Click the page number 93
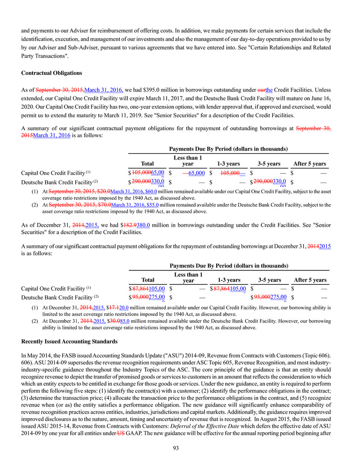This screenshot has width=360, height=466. click(180, 448)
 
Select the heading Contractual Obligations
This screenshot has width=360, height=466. click(52, 73)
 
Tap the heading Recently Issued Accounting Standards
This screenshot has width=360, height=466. click(69, 341)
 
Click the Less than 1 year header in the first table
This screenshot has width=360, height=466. click(187, 161)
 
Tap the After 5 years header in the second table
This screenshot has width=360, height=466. click(310, 280)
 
